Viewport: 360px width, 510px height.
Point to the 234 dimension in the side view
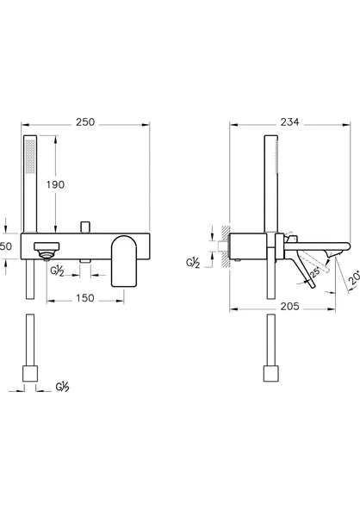click(x=289, y=123)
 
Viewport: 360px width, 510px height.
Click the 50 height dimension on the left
click(x=7, y=246)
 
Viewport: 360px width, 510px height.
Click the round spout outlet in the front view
click(x=45, y=250)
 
